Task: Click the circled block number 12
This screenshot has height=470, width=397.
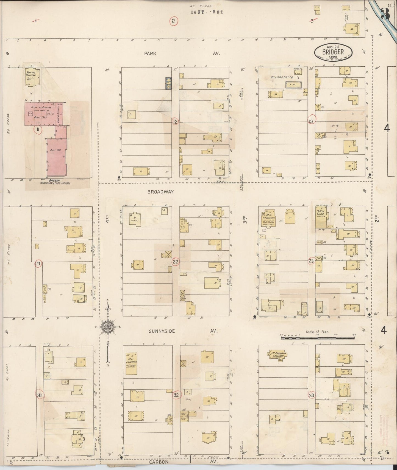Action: click(175, 121)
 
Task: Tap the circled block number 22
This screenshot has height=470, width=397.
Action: click(175, 262)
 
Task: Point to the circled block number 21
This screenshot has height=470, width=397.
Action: click(38, 264)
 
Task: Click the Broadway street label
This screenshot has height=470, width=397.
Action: click(160, 192)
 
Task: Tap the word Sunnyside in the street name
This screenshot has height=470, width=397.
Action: click(162, 331)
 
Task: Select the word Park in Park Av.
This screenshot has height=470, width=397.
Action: click(150, 54)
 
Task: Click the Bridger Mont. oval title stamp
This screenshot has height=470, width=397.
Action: click(333, 52)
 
